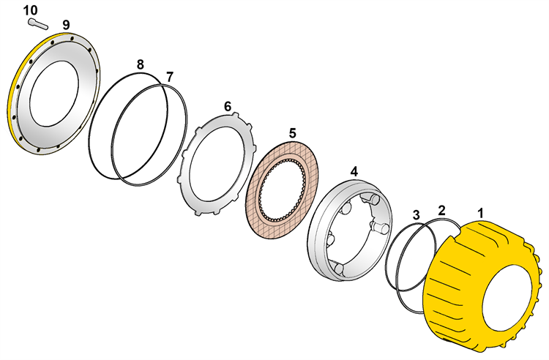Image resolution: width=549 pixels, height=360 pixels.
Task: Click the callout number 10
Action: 31,10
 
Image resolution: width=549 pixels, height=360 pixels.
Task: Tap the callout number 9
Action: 66,25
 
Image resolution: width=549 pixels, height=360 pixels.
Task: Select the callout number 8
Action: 140,64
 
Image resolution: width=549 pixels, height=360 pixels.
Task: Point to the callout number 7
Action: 170,77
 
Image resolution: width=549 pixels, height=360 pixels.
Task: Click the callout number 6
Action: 228,106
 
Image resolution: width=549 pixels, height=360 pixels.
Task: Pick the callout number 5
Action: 292,133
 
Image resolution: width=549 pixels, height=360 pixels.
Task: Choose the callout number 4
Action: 354,171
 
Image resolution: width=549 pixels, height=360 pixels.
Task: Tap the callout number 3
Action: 416,215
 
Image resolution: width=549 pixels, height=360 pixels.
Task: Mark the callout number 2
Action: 442,211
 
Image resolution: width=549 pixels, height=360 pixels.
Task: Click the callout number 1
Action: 481,213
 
